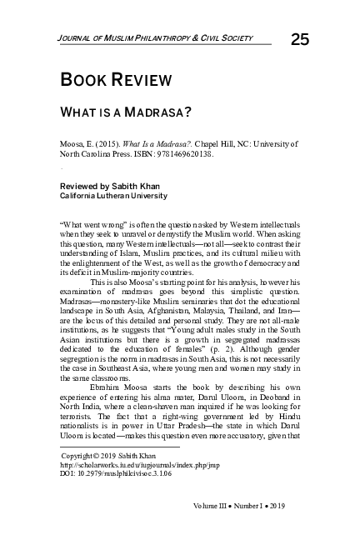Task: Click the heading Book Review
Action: (x=116, y=81)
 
